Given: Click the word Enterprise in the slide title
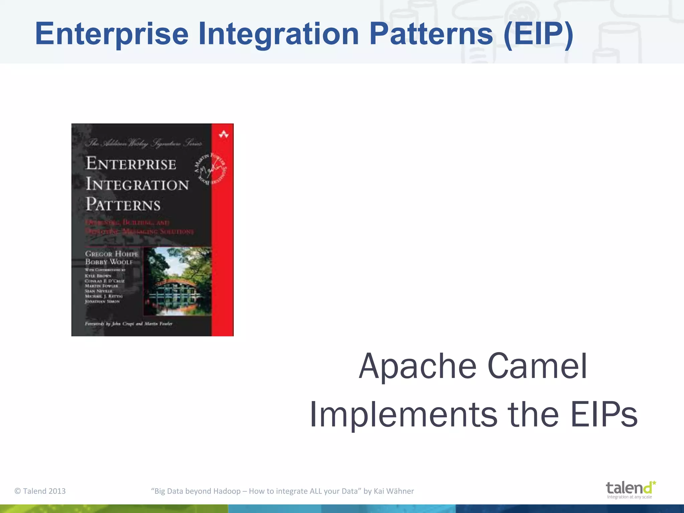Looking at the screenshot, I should coord(112,34).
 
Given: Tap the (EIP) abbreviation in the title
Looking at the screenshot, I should coord(538,34).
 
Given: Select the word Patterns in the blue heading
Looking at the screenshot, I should coord(431,34).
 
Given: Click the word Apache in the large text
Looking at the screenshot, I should coord(417,366).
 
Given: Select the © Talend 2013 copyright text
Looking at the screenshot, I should coord(40,491).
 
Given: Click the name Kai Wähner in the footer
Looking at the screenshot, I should coord(394,491).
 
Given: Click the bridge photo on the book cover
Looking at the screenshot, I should coord(178,281).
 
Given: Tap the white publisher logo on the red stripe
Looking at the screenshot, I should coord(223,135).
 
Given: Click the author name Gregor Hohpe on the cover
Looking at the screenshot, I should coord(112,254).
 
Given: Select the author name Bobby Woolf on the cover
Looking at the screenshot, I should coord(109,262).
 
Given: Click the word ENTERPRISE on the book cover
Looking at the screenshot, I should coord(131,164).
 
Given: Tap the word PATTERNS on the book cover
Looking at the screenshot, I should coord(123,204).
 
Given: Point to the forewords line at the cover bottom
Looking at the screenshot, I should coord(129,324).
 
